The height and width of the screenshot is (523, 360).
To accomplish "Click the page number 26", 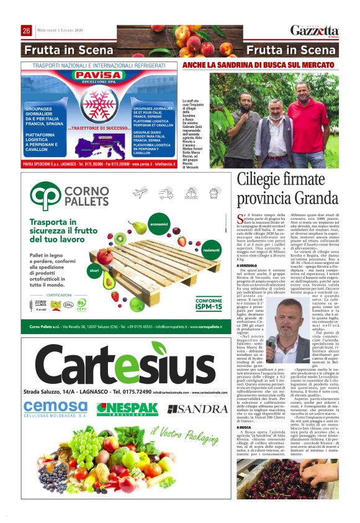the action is (27, 31).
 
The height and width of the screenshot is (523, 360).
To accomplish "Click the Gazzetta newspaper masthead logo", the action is (315, 30).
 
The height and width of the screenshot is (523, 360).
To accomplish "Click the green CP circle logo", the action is (47, 196).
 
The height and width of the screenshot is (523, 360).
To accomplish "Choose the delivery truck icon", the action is (165, 194).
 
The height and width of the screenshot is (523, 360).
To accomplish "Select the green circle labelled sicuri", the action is (94, 271).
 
